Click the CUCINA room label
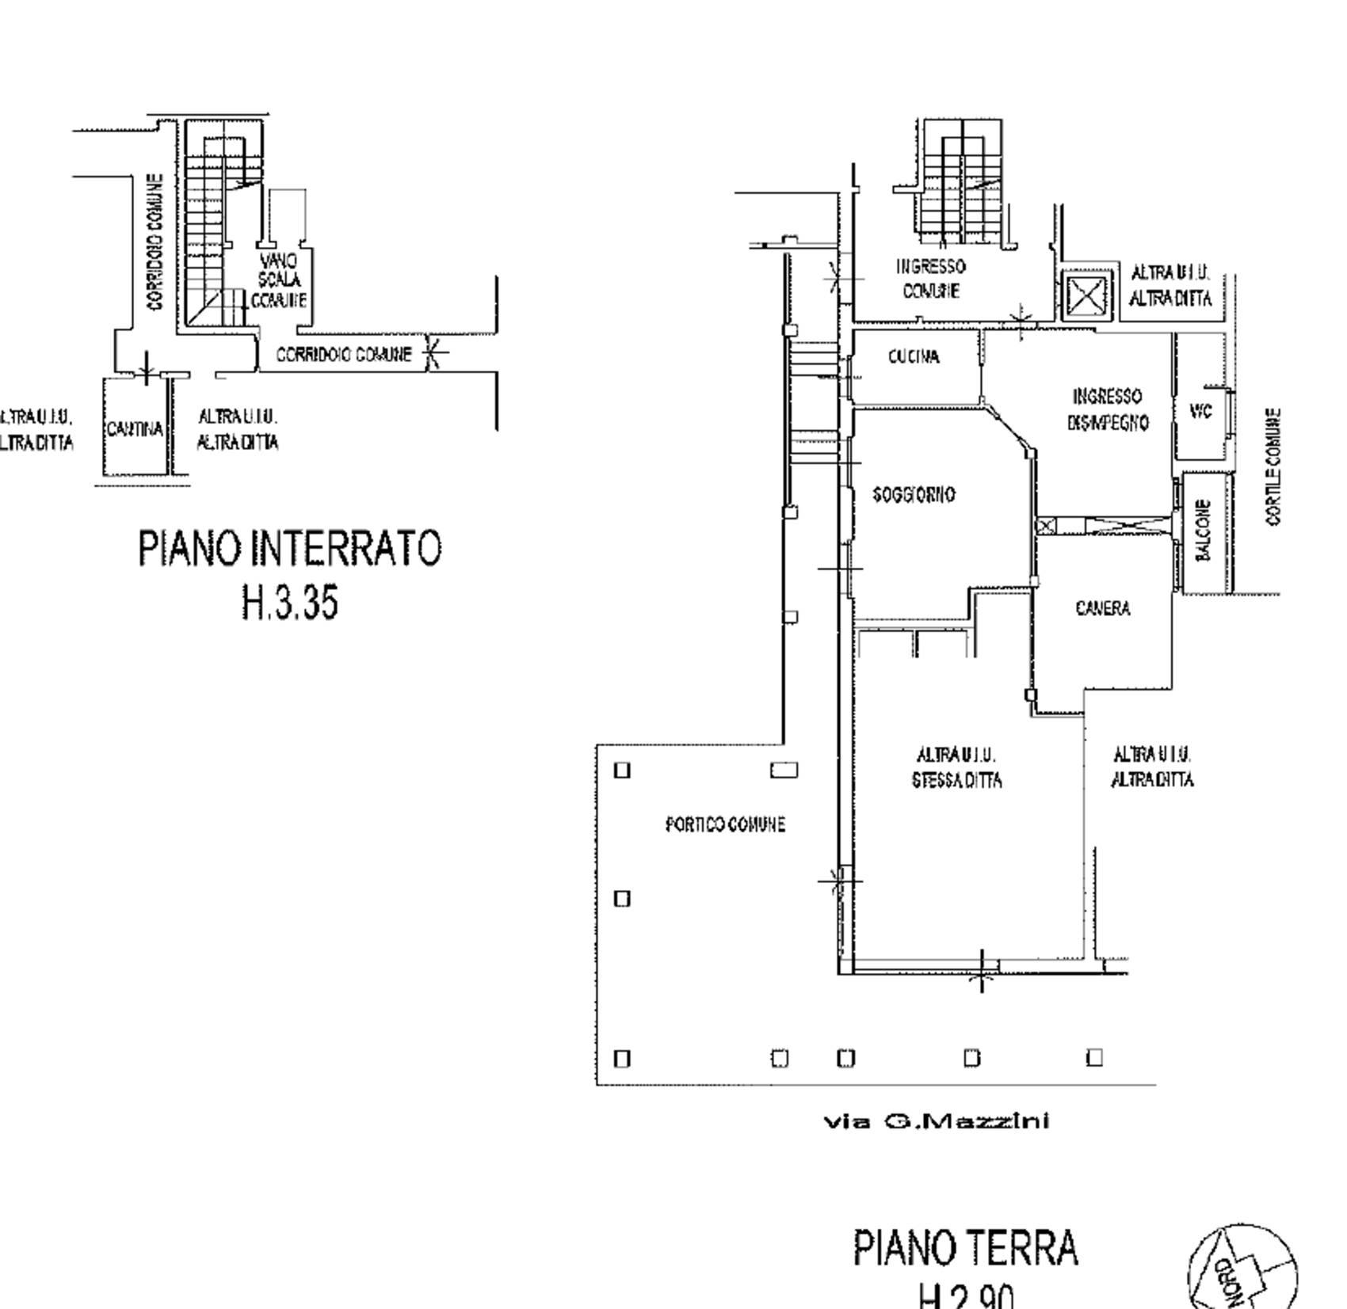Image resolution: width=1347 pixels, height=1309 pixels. [914, 357]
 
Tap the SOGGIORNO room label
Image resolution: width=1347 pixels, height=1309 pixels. [914, 495]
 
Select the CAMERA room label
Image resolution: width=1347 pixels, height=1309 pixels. [1102, 608]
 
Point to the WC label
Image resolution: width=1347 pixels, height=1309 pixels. [1200, 412]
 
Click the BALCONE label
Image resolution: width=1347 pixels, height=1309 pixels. [1203, 530]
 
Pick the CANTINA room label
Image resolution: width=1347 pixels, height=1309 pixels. [134, 429]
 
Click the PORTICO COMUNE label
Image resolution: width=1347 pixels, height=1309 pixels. [725, 825]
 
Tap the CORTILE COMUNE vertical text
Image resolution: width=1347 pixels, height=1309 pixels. [1273, 466]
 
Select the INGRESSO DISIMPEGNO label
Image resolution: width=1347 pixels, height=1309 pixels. [1107, 409]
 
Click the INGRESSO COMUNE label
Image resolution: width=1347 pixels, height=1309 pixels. [930, 279]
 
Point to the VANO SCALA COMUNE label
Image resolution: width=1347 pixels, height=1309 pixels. [279, 280]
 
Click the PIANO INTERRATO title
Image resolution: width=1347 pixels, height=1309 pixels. [290, 548]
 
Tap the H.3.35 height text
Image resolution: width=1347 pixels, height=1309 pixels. [290, 603]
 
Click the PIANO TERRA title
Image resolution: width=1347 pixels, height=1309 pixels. [965, 1248]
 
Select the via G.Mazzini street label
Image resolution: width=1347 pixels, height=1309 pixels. [937, 1121]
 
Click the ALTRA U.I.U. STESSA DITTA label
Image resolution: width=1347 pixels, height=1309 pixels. [956, 767]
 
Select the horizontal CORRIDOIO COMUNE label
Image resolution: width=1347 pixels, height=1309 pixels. [344, 355]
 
